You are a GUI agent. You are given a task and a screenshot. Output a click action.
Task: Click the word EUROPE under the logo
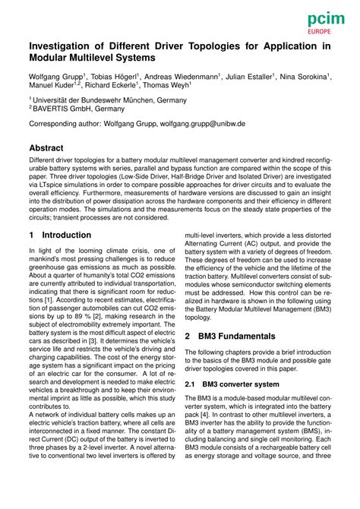tap(324, 34)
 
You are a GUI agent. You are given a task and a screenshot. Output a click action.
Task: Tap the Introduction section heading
tap(67, 236)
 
